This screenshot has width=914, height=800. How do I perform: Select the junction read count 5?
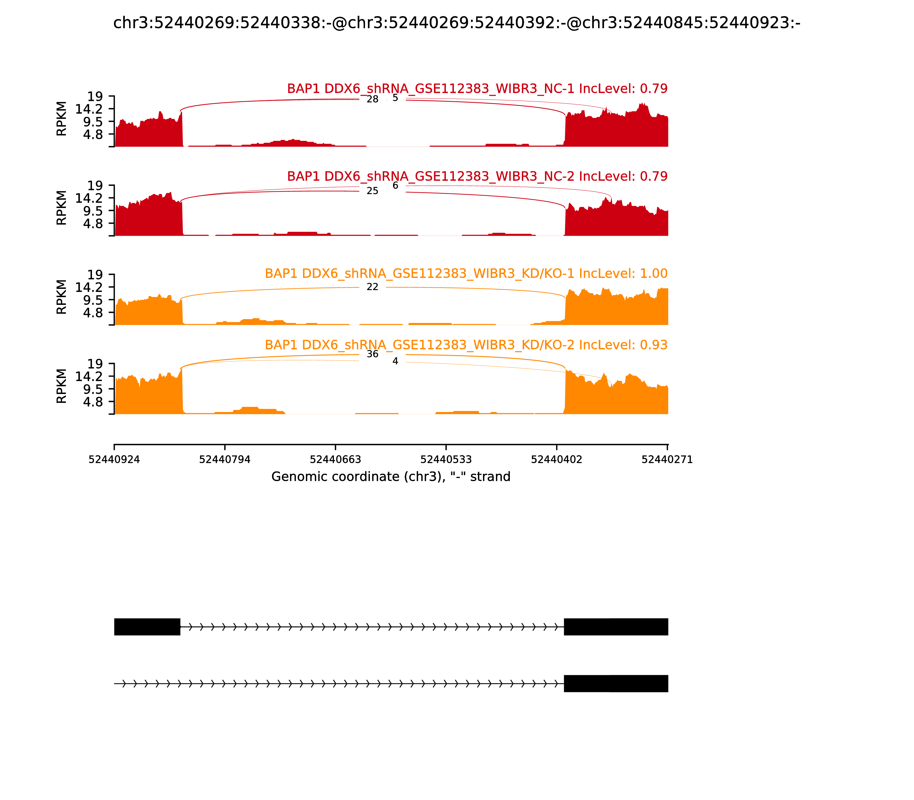(395, 98)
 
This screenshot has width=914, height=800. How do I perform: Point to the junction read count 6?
(395, 185)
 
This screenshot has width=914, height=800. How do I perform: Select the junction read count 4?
(395, 361)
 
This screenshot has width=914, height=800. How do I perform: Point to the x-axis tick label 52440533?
(446, 459)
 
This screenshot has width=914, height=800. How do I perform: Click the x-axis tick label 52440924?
(114, 459)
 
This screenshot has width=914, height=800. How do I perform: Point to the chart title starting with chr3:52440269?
(456, 23)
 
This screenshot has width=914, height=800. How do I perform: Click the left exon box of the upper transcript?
(147, 627)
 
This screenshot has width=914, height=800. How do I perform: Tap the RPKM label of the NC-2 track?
(62, 208)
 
